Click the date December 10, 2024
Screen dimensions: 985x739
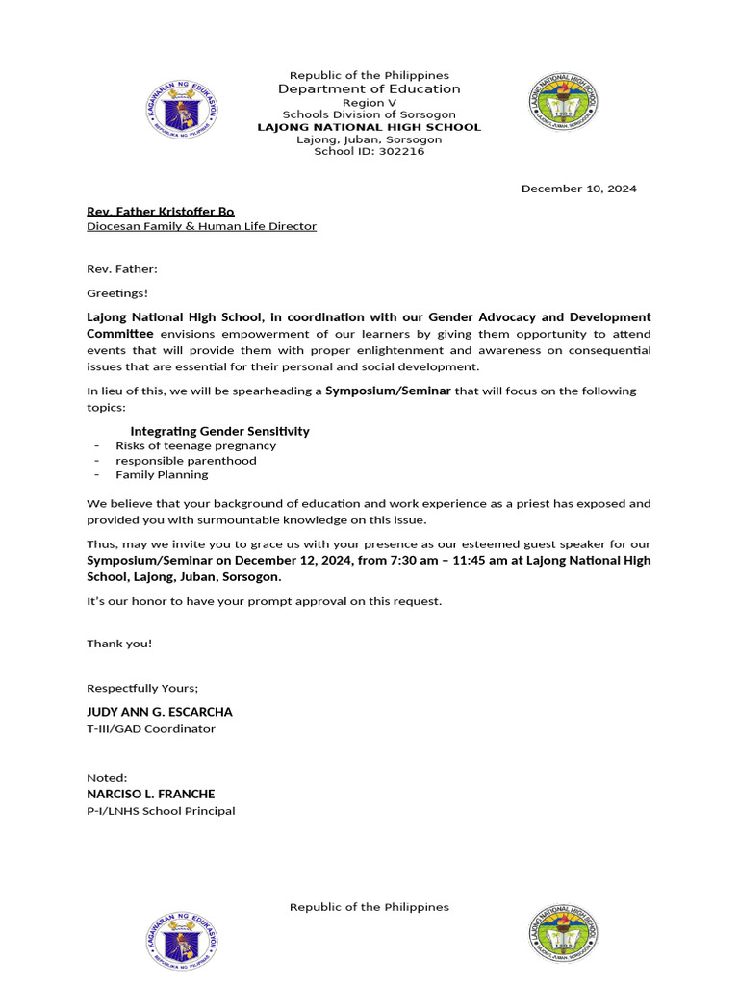coord(578,189)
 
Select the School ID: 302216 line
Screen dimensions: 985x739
coord(369,152)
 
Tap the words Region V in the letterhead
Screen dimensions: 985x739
coord(369,102)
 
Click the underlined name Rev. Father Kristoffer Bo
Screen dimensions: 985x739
coord(160,212)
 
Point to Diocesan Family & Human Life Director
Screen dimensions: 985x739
coord(201,226)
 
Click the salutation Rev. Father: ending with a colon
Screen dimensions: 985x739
coord(122,269)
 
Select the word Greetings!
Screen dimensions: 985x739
coord(118,293)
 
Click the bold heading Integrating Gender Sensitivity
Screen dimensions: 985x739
coord(219,431)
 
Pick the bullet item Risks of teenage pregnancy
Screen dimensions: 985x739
coord(195,445)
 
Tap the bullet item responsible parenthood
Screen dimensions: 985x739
coord(186,460)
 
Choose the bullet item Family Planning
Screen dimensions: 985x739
coord(162,474)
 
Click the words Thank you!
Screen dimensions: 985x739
coord(119,643)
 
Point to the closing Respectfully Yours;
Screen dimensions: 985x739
coord(142,688)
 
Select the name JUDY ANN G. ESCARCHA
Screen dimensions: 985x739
coord(160,712)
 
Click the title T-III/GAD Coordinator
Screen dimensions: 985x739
coord(151,728)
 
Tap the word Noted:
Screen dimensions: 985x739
coord(107,777)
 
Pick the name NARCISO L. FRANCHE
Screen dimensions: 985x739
coord(151,794)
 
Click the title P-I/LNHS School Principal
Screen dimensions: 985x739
coord(161,810)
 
